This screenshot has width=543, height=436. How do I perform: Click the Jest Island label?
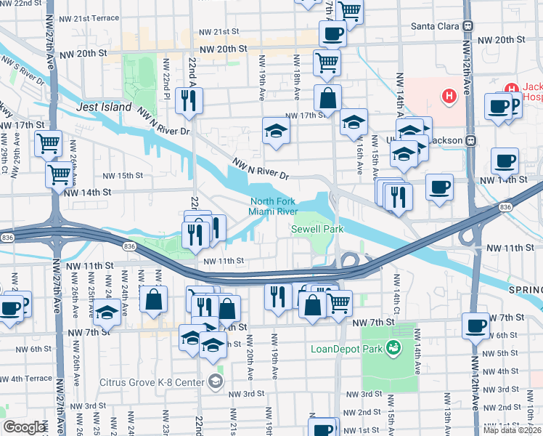tap(104, 107)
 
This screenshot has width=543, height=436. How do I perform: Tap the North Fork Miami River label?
tap(273, 206)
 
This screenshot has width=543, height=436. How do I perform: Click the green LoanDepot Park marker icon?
tap(393, 347)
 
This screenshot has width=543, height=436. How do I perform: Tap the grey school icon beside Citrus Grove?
tap(216, 380)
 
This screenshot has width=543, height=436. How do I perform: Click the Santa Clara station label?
tap(436, 26)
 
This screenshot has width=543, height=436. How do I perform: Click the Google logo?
tap(25, 427)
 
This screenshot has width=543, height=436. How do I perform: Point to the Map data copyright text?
tap(513, 430)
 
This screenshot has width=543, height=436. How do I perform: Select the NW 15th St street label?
tap(123, 175)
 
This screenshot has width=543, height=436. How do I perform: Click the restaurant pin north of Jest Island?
tap(189, 101)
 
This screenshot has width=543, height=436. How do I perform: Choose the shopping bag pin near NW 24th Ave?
tap(154, 299)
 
